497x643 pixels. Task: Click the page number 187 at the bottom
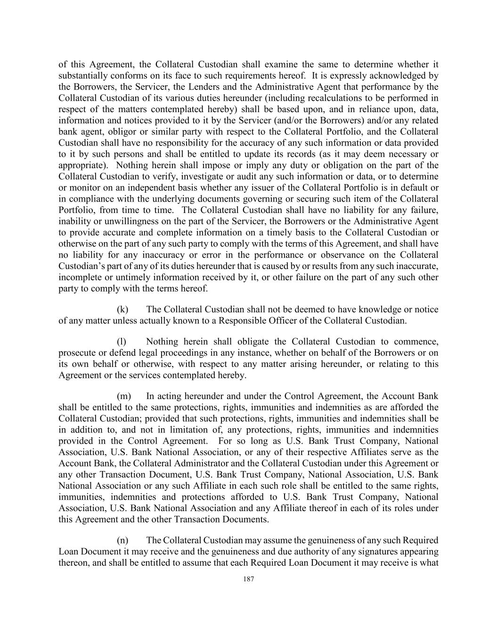(249, 579)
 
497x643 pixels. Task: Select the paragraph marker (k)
(122, 309)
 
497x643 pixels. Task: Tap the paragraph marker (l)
(122, 342)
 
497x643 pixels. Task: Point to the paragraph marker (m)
(123, 396)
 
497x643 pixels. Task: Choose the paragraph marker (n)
(122, 540)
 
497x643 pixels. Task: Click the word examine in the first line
(280, 65)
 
